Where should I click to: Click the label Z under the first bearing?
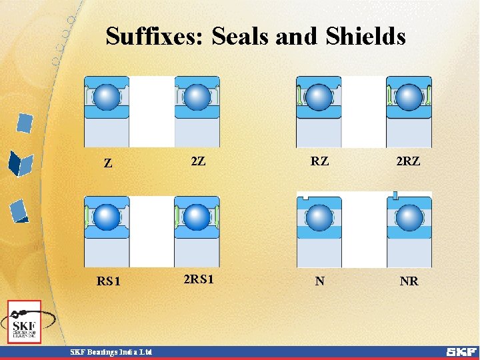tap(107, 163)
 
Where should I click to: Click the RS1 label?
tap(109, 281)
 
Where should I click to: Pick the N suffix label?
tap(320, 281)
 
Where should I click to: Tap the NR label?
tap(409, 281)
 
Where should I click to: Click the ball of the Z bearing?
tap(107, 97)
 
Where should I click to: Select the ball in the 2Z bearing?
tap(197, 97)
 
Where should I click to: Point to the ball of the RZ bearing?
tap(319, 97)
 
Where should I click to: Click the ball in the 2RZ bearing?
tap(409, 97)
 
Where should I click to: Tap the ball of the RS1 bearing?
tap(107, 217)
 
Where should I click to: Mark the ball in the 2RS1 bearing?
tap(197, 217)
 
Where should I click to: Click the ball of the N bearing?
tap(319, 217)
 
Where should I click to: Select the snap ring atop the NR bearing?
tap(395, 195)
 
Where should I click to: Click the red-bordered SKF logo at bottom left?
tap(25, 322)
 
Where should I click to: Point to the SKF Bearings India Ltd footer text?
tap(111, 352)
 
